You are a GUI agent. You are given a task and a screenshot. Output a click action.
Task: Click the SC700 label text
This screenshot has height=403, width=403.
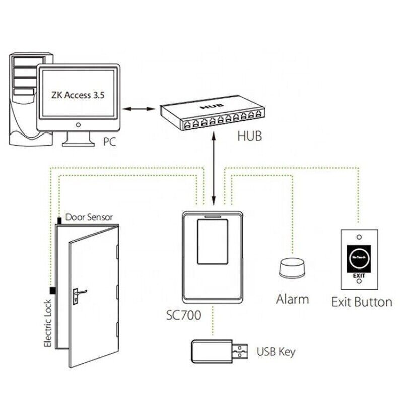point(183,316)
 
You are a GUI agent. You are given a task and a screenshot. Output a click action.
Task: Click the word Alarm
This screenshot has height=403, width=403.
point(292,299)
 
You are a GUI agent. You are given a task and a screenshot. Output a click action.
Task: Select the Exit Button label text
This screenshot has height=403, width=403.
point(361,302)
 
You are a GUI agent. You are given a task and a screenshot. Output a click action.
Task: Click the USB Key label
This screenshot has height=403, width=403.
point(276,351)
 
